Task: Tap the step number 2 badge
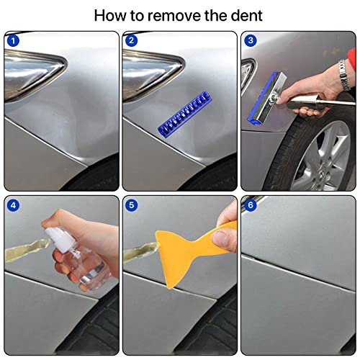(x=132, y=41)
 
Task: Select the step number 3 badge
(x=250, y=41)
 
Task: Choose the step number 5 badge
(x=132, y=204)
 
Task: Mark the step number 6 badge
(x=250, y=204)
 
